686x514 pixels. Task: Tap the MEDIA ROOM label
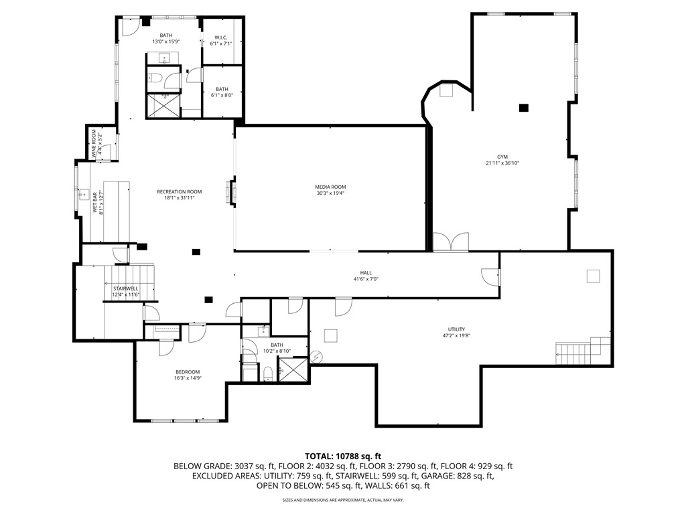pyautogui.click(x=331, y=187)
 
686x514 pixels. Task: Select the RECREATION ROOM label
pyautogui.click(x=179, y=191)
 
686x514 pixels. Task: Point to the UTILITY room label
pyautogui.click(x=456, y=329)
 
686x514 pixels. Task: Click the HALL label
pyautogui.click(x=366, y=272)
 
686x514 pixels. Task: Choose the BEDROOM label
pyautogui.click(x=188, y=372)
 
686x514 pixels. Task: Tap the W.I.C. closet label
pyautogui.click(x=222, y=37)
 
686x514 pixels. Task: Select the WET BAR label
pyautogui.click(x=95, y=203)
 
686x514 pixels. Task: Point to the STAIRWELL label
pyautogui.click(x=125, y=288)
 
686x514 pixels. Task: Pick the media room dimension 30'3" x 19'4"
pyautogui.click(x=331, y=194)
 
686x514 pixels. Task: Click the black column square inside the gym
pyautogui.click(x=523, y=108)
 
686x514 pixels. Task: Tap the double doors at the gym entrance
pyautogui.click(x=450, y=242)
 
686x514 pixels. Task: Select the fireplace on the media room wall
pyautogui.click(x=233, y=191)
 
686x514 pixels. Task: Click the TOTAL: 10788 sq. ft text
pyautogui.click(x=343, y=456)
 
